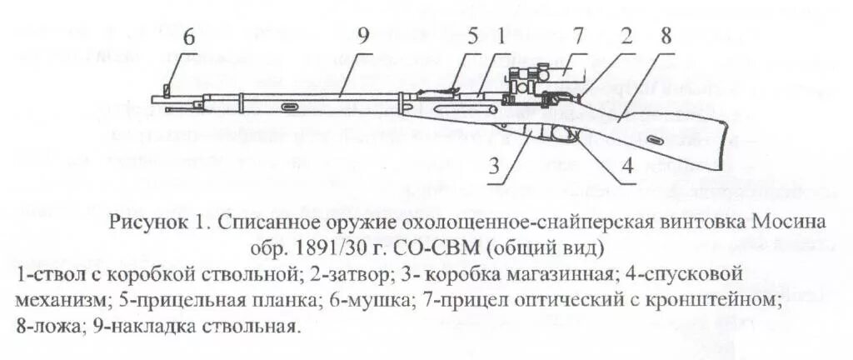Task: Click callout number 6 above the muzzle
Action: [189, 38]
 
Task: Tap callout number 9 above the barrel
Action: [362, 37]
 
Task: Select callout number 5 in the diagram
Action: [472, 37]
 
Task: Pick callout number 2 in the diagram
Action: [626, 37]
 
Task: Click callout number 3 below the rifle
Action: [495, 167]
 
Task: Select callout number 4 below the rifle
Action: [627, 167]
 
